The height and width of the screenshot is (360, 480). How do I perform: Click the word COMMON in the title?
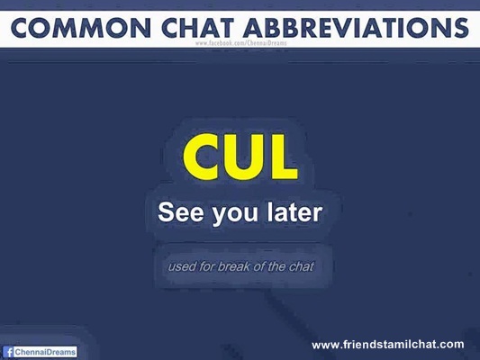81,28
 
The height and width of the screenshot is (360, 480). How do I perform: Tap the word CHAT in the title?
198,28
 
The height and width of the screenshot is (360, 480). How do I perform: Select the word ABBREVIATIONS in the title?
356,28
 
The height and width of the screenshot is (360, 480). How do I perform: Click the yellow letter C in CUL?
200,157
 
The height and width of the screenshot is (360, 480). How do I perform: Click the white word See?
181,212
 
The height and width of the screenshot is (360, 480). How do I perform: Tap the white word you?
235,215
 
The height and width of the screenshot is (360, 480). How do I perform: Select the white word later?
294,211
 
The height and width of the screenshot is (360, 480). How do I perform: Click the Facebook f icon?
9,352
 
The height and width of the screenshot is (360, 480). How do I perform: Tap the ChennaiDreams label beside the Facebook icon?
45,352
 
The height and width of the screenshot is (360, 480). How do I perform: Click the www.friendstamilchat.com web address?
388,345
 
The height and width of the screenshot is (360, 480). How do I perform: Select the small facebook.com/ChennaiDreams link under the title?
241,43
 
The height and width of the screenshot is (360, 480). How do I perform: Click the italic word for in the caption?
206,266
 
